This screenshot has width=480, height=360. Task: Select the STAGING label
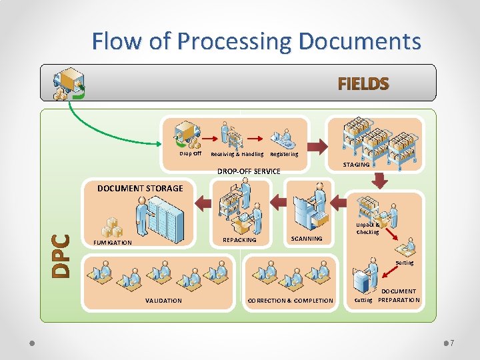tap(355, 165)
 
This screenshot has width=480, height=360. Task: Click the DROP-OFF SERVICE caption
tap(249, 171)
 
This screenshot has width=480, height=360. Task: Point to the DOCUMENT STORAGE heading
tap(140, 189)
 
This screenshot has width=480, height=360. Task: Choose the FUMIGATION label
tap(113, 243)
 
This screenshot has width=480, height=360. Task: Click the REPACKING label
tap(239, 240)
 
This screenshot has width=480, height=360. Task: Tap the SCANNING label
tap(307, 238)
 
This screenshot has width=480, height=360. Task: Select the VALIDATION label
tap(163, 301)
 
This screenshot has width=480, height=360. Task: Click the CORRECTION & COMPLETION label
tap(290, 301)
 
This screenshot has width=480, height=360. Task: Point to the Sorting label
tap(404, 263)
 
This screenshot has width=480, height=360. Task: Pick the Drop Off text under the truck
tap(190, 153)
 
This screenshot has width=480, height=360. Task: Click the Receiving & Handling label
tap(237, 154)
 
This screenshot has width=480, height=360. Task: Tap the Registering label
tap(284, 154)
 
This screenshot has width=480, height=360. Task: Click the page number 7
tap(451, 343)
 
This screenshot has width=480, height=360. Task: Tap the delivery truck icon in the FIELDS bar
tap(69, 84)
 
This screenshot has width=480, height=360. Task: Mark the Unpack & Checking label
tap(367, 229)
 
